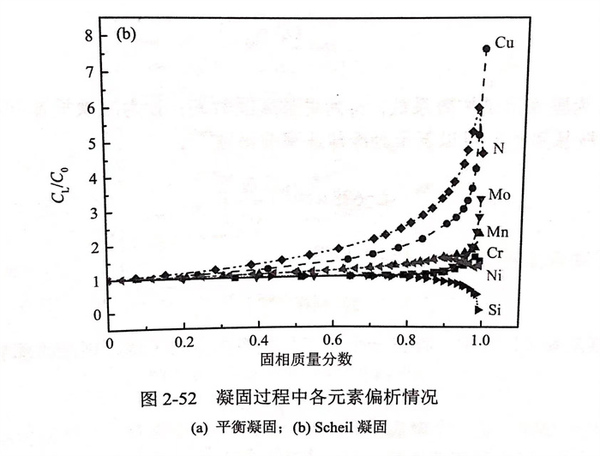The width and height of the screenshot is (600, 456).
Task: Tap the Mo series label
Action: coord(501,195)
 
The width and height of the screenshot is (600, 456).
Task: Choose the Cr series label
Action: coord(496,253)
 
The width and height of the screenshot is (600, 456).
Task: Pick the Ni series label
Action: coord(495,277)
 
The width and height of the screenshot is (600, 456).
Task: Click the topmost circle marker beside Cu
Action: coord(486,50)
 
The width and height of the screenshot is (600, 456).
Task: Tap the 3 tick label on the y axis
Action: coord(99,211)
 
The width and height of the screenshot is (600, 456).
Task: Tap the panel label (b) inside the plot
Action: coord(126,36)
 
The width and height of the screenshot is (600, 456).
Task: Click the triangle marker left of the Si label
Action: coord(478,309)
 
